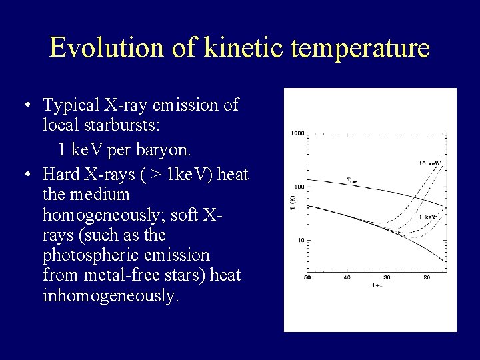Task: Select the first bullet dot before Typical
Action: coord(25,105)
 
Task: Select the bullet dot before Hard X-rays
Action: coord(25,175)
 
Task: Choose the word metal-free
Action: coord(112,275)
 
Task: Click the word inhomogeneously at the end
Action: coord(110,295)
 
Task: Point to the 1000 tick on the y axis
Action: coord(297,133)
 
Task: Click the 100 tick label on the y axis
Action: coord(299,187)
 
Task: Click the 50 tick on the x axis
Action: coord(307,277)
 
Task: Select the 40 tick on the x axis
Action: coord(347,277)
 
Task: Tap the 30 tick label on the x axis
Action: coord(387,277)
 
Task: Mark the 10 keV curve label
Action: coord(427,163)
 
